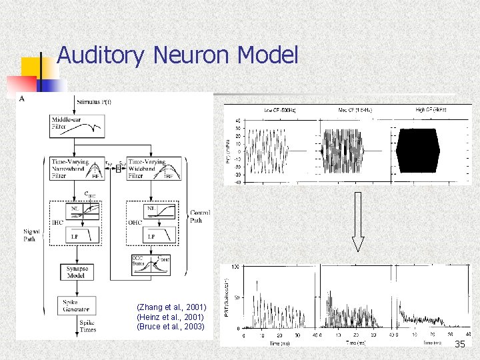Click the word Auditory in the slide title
tap(100, 55)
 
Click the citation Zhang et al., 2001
tap(171, 307)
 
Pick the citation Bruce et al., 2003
tap(171, 327)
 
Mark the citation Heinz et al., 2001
tap(171, 317)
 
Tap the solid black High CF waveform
tap(418, 151)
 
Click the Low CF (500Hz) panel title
tap(281, 109)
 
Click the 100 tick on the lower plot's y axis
tap(235, 267)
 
